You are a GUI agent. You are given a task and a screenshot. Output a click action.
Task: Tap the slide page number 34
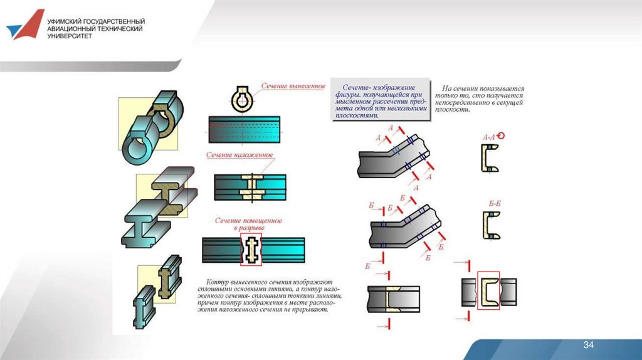pyautogui.click(x=588, y=346)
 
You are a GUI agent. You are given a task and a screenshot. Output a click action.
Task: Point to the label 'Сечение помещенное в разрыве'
pyautogui.click(x=249, y=225)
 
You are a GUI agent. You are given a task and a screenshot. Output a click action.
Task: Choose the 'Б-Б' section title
pyautogui.click(x=494, y=203)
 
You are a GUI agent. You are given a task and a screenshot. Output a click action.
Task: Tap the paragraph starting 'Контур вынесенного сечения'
pyautogui.click(x=270, y=295)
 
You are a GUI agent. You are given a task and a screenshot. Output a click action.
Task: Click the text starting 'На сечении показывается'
pyautogui.click(x=483, y=98)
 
